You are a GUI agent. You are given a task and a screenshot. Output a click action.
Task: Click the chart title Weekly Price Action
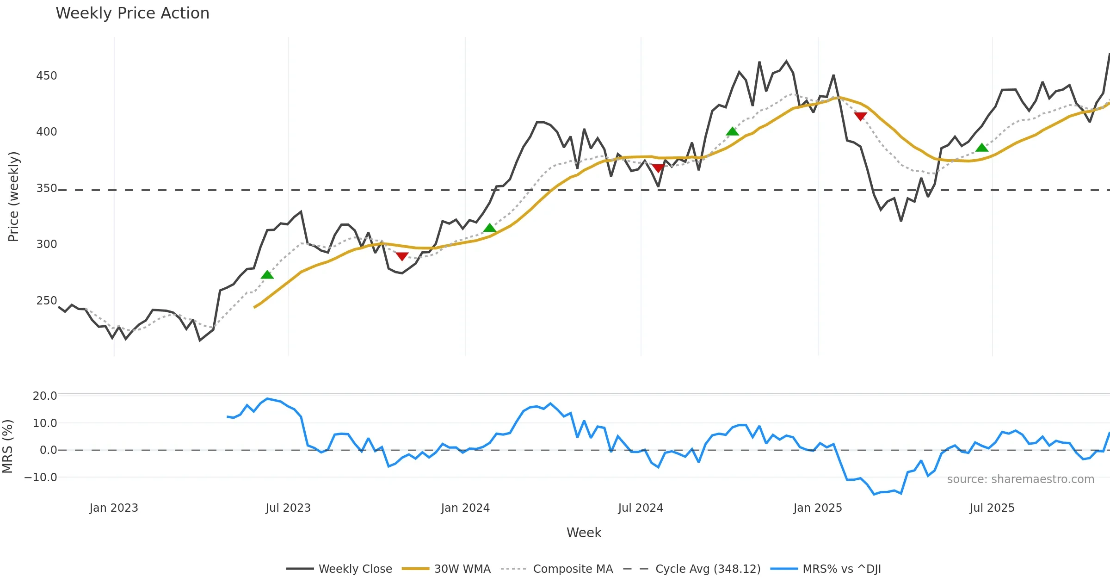(132, 13)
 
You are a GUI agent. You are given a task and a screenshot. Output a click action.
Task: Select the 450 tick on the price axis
(47, 76)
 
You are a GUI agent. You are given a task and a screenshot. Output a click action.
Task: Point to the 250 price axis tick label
(47, 301)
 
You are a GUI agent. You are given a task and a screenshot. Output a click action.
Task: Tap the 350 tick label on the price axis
(47, 188)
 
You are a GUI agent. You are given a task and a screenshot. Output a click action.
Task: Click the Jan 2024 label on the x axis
(465, 508)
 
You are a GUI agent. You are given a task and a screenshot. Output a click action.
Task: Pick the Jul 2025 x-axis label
(992, 508)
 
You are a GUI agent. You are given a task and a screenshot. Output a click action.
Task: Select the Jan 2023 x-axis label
(114, 508)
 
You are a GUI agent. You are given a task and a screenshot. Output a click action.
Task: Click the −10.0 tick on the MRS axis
(41, 478)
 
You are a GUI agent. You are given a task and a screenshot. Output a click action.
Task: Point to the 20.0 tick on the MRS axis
(45, 396)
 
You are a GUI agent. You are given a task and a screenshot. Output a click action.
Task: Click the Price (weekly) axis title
(13, 197)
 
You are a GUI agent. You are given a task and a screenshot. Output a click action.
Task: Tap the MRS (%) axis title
(7, 447)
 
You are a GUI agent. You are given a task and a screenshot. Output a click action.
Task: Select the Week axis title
(584, 533)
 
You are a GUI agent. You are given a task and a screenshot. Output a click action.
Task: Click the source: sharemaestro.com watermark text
(1020, 479)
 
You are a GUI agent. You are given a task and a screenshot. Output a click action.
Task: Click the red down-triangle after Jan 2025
(860, 116)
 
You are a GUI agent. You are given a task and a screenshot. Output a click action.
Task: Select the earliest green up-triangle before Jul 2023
(267, 275)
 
